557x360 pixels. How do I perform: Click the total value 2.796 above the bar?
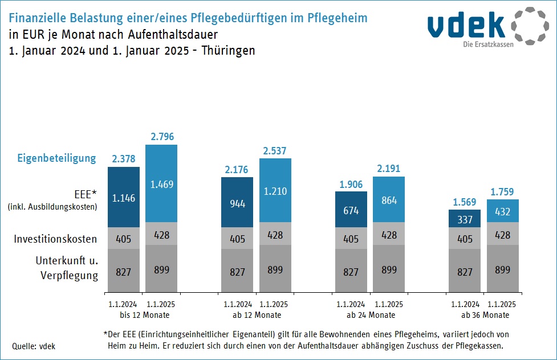pos(162,137)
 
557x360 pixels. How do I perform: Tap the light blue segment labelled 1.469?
pos(162,183)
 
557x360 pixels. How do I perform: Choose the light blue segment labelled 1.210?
pos(275,190)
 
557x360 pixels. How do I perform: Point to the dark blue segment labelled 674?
pos(351,210)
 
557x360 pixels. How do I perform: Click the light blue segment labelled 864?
pos(389,199)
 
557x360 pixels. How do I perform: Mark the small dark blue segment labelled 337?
pos(465,218)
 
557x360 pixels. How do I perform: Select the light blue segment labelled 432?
pos(503,211)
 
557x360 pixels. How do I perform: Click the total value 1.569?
pos(465,202)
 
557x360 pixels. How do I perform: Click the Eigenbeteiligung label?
pos(56,158)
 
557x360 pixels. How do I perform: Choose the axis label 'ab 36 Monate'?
pos(485,315)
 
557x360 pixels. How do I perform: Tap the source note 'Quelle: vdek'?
pos(34,346)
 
